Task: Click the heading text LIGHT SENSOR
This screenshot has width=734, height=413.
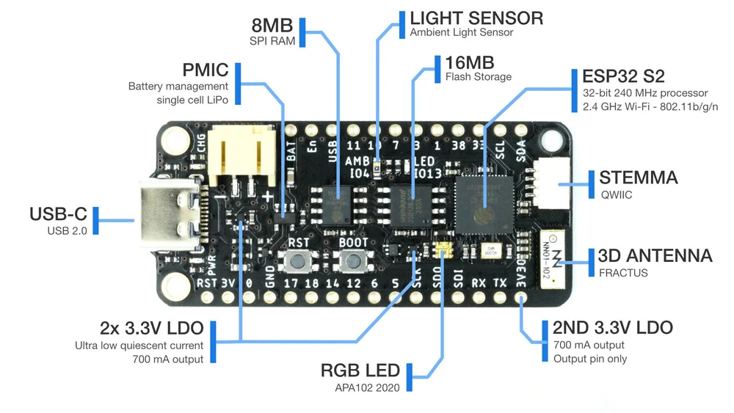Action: tap(476, 18)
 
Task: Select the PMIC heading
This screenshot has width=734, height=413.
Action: tap(206, 70)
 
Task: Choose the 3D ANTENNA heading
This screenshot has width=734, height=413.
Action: tap(655, 255)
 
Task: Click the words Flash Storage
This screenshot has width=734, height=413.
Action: tap(478, 76)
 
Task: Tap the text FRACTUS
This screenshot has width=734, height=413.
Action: tap(622, 273)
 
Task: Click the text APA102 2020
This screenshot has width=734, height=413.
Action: tap(363, 387)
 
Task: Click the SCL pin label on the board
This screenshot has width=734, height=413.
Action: tap(500, 150)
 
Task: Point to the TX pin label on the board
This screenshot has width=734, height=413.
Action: tap(499, 282)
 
